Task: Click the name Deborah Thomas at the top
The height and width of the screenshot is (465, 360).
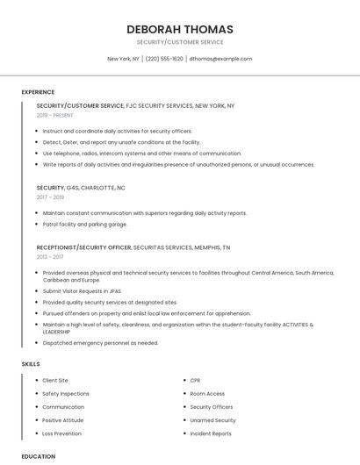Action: pos(179,29)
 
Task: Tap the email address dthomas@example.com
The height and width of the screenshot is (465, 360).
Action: pos(220,59)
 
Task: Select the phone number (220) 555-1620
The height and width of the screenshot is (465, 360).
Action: pos(164,59)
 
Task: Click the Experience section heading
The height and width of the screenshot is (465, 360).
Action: pos(38,92)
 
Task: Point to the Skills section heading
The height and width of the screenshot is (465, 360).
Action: pos(31,363)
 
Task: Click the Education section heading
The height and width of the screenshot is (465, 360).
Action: pos(38,456)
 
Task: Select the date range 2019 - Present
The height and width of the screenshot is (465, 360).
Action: pos(55,115)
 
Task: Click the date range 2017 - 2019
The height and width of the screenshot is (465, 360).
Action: pos(50,197)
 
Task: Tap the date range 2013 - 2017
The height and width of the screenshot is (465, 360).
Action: pos(50,257)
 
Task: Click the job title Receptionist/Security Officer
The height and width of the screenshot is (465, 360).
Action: pos(84,247)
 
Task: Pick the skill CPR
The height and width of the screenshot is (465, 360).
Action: pos(195,381)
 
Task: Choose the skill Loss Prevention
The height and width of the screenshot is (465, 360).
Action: pos(61,433)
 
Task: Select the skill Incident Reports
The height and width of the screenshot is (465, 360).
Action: pos(211,433)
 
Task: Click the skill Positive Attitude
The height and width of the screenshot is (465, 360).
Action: pos(63,420)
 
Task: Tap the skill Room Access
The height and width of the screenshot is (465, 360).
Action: pos(207,394)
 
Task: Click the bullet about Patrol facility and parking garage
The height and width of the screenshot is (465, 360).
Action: pos(84,224)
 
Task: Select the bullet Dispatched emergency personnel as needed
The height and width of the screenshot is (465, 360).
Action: pos(100,343)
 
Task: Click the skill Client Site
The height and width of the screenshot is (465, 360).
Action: pos(55,381)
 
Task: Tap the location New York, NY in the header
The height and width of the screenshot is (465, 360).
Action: pos(123,59)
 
